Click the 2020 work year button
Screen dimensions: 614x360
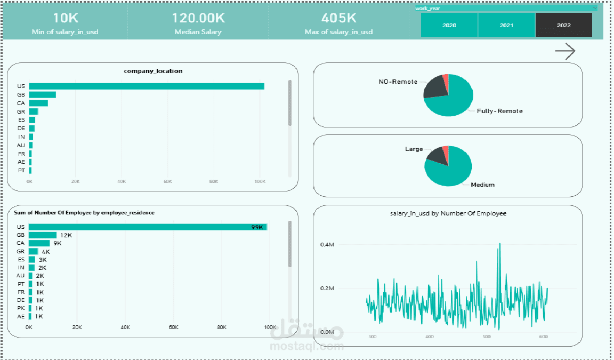(x=449, y=25)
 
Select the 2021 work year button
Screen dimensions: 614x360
(x=506, y=25)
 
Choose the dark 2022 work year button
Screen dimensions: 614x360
(x=563, y=25)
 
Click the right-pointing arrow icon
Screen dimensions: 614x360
(x=565, y=51)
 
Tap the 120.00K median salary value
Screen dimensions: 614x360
(x=198, y=18)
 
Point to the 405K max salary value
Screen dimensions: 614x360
(x=339, y=18)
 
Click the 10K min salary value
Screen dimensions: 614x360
(x=66, y=18)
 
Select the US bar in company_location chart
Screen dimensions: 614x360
(x=147, y=86)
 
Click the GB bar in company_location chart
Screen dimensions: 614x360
(x=42, y=95)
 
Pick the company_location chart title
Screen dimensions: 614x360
(x=153, y=71)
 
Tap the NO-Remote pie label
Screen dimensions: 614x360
(x=398, y=82)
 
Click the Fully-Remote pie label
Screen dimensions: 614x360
(x=499, y=111)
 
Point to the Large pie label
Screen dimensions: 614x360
(x=414, y=149)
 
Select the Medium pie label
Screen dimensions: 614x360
(x=482, y=185)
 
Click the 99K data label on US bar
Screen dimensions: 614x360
(x=257, y=227)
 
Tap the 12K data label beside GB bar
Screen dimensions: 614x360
(x=66, y=235)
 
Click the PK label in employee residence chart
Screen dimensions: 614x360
(x=21, y=308)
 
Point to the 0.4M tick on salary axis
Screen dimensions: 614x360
(x=327, y=244)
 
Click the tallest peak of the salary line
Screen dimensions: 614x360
(x=500, y=244)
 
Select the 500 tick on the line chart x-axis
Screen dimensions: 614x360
(x=486, y=337)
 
